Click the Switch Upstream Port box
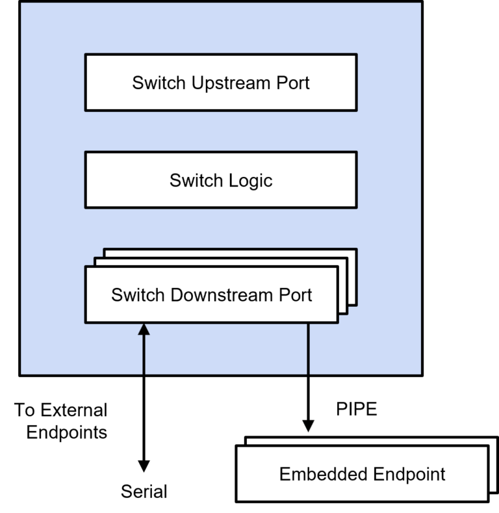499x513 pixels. pyautogui.click(x=220, y=83)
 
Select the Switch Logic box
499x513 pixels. pyautogui.click(x=220, y=180)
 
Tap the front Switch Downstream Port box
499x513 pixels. pyautogui.click(x=211, y=295)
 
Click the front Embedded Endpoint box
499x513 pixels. pyautogui.click(x=362, y=474)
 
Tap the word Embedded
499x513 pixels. pyautogui.click(x=311, y=474)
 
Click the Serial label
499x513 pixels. pyautogui.click(x=144, y=491)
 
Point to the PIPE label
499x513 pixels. pyautogui.click(x=357, y=410)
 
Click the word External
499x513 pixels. pyautogui.click(x=73, y=410)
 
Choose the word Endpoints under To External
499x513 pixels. pyautogui.click(x=67, y=432)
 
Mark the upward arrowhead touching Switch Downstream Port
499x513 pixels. pyautogui.click(x=144, y=330)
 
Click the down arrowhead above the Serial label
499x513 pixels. pyautogui.click(x=144, y=466)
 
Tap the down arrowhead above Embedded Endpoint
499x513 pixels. pyautogui.click(x=308, y=427)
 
